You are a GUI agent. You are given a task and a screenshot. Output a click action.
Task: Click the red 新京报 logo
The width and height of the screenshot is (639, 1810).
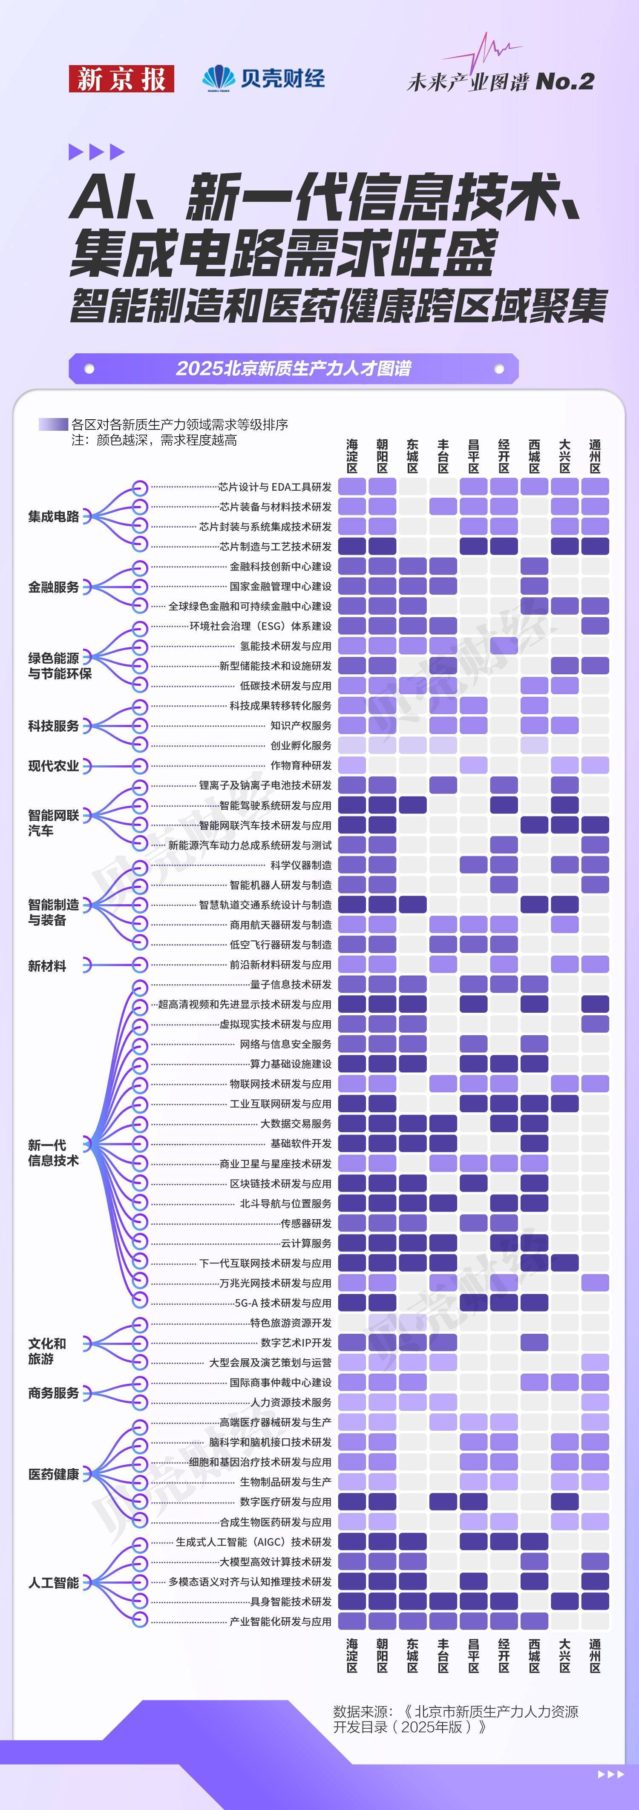click(x=121, y=79)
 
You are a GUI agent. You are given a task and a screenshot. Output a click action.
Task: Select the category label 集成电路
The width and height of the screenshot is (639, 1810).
click(x=53, y=516)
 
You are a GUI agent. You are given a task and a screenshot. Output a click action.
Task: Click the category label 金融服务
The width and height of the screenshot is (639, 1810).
click(x=53, y=587)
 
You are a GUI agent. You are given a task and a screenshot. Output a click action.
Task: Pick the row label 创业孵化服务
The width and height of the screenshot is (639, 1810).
click(x=301, y=745)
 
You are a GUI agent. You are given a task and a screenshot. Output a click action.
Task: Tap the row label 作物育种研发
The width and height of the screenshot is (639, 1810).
click(x=301, y=765)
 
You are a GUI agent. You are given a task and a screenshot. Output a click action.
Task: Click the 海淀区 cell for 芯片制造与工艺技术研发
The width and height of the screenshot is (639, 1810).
click(x=352, y=546)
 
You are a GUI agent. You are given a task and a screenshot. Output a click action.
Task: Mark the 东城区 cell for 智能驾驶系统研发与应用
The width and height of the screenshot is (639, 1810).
click(x=413, y=805)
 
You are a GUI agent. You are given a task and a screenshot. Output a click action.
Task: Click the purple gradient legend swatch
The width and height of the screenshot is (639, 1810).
click(x=53, y=424)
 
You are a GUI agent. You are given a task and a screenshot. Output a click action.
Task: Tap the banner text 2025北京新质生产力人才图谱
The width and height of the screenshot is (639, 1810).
click(x=294, y=368)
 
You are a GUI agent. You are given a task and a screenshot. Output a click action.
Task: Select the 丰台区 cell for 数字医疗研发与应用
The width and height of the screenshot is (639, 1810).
click(x=443, y=1501)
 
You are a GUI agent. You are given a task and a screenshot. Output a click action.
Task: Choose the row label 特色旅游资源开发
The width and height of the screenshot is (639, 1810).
click(x=291, y=1322)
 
